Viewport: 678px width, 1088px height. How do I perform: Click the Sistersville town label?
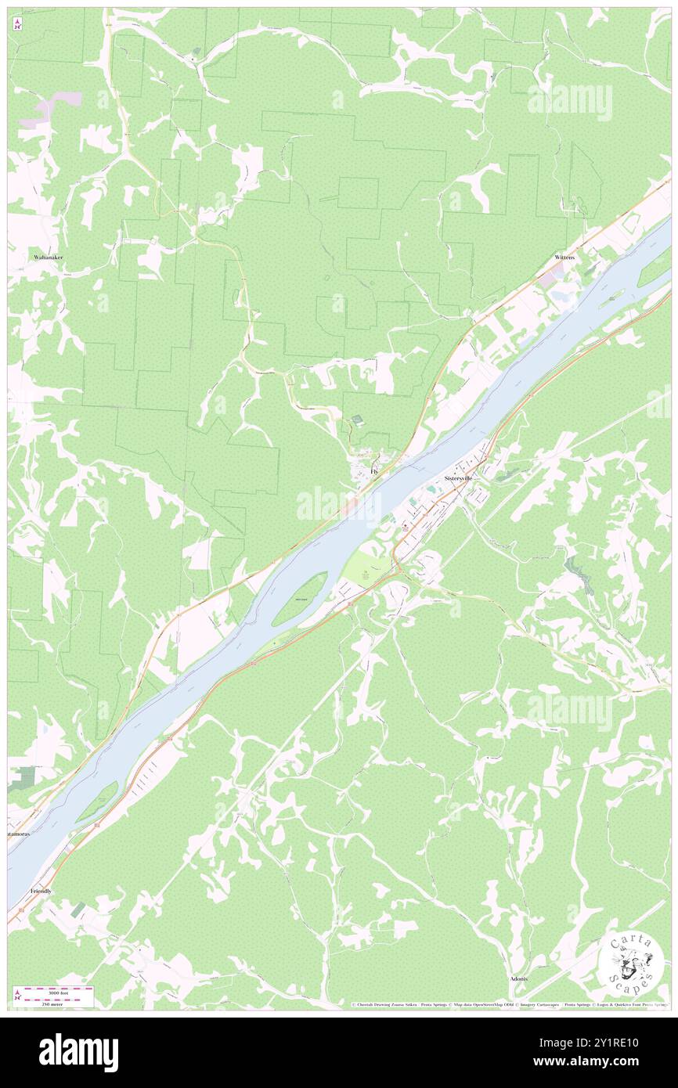click(x=458, y=477)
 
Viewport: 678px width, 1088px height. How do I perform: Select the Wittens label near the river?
click(x=564, y=257)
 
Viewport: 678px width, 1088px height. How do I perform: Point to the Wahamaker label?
click(x=48, y=257)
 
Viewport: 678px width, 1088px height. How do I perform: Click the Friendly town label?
click(x=41, y=891)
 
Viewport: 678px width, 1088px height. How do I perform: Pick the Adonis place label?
click(x=518, y=978)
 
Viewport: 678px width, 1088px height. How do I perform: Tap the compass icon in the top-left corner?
click(x=16, y=23)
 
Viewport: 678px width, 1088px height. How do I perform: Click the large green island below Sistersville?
click(x=300, y=599)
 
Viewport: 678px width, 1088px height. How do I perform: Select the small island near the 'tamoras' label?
click(x=97, y=802)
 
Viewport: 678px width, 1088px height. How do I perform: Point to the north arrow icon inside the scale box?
click(x=17, y=997)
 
